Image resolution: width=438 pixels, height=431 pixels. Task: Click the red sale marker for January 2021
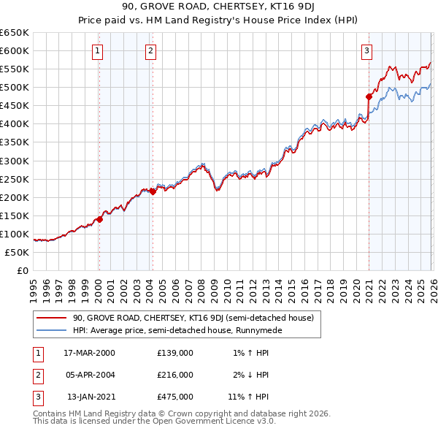[x=369, y=96]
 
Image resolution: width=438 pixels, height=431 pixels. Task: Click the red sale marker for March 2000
[x=99, y=219]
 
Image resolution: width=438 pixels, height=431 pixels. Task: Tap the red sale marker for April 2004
[x=152, y=191]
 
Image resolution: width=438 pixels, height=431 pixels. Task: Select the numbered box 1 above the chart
[x=97, y=50]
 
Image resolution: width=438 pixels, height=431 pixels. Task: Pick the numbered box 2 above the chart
[x=150, y=50]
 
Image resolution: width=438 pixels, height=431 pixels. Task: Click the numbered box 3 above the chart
[x=366, y=50]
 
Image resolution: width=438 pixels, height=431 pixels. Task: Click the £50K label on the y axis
[x=17, y=252]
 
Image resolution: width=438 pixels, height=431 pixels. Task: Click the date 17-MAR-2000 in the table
[x=89, y=353]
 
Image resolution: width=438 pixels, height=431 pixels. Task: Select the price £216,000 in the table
[x=175, y=375]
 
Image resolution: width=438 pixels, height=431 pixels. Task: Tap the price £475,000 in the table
[x=175, y=397]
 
